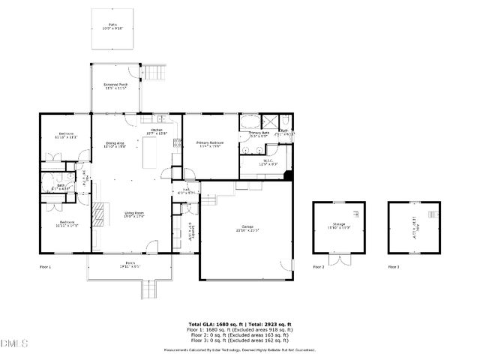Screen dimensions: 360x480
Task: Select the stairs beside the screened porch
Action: pyautogui.click(x=154, y=73)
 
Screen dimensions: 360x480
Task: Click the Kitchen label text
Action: pyautogui.click(x=157, y=130)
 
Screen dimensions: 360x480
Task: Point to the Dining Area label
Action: pyautogui.click(x=114, y=144)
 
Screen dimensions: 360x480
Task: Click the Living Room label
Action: pyautogui.click(x=134, y=214)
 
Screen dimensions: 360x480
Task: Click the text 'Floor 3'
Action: pyautogui.click(x=394, y=267)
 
